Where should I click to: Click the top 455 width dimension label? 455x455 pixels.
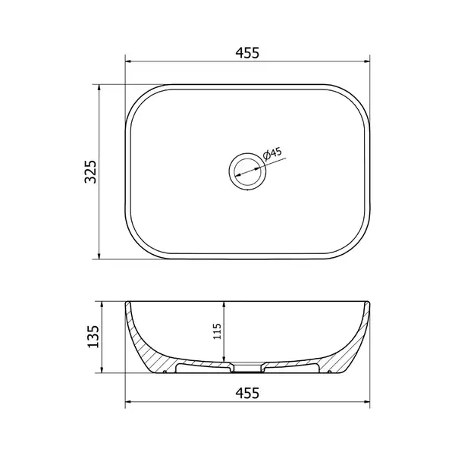[x=247, y=53]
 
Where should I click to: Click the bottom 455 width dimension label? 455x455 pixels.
[x=247, y=394]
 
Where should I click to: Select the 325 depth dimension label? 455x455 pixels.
[x=90, y=171]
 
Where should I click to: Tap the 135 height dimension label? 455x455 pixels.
[x=93, y=337]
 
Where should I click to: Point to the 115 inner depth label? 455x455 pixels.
[x=217, y=331]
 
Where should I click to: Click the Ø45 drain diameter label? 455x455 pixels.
[x=272, y=154]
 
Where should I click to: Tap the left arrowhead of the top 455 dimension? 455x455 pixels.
[x=128, y=61]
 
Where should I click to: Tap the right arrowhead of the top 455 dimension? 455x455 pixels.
[x=367, y=61]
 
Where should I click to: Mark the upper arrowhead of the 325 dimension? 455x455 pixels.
[x=99, y=88]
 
